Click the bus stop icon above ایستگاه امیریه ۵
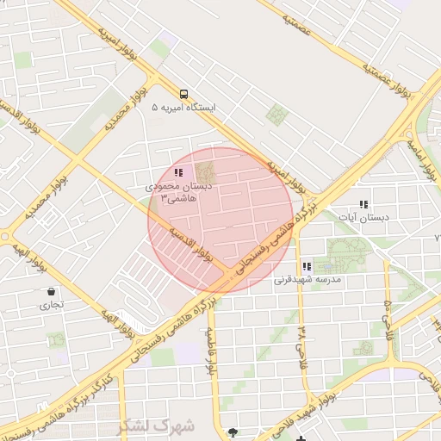click(x=183, y=94)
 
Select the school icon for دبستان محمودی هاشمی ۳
click(x=178, y=173)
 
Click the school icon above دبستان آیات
click(x=363, y=204)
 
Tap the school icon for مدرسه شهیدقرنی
click(x=306, y=266)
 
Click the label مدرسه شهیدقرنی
click(x=307, y=280)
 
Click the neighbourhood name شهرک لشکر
click(x=157, y=425)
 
